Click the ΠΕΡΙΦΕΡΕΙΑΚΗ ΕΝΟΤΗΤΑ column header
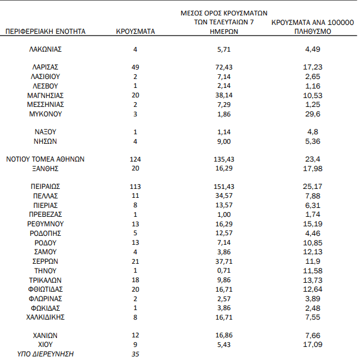point(45,31)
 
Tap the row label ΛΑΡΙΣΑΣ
point(45,67)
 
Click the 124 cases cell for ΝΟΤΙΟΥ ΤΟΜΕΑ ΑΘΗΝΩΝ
point(135,159)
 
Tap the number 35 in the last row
point(135,354)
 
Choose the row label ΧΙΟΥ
point(45,345)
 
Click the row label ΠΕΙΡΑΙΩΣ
point(45,186)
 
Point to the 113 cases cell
point(135,186)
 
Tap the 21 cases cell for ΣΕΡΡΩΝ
point(135,261)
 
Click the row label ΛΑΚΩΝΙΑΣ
point(45,49)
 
